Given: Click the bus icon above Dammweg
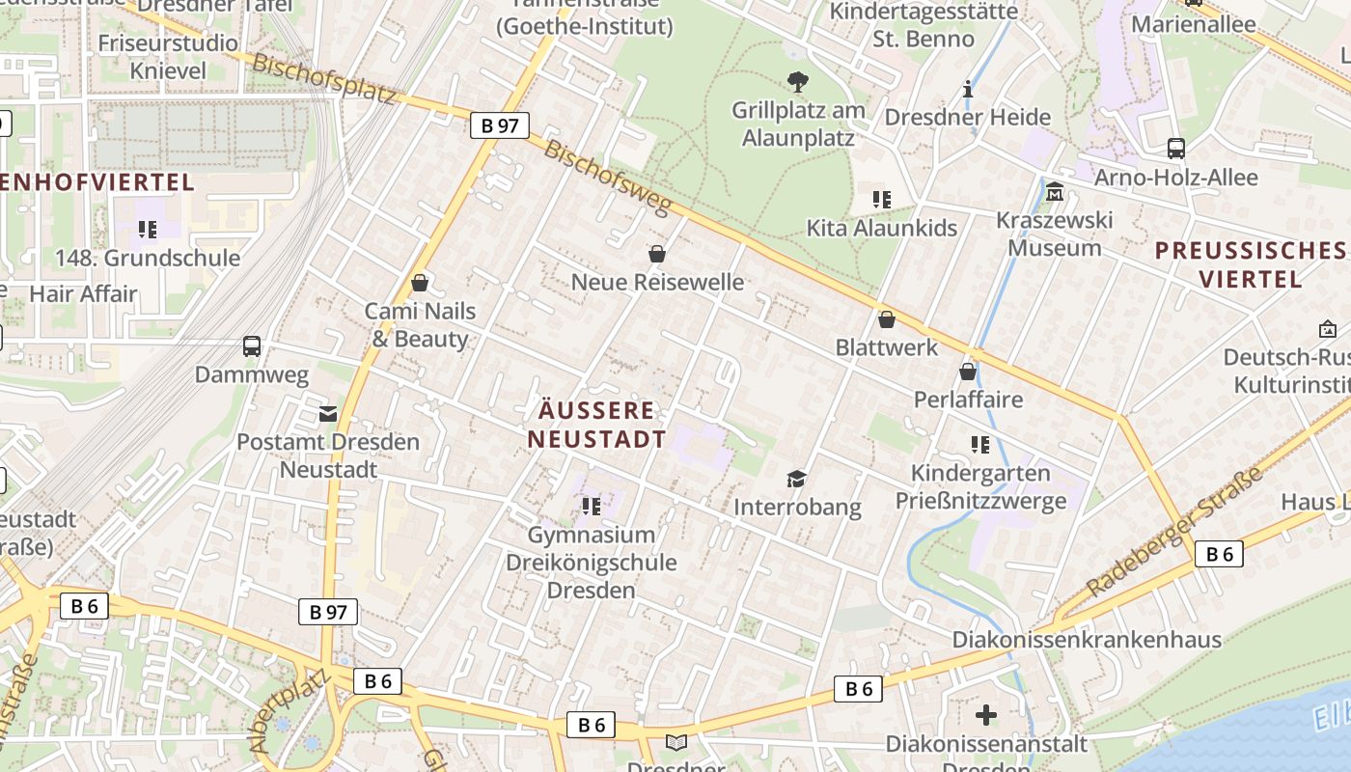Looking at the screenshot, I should (x=252, y=345).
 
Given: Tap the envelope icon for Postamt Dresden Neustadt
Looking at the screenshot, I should (x=328, y=414).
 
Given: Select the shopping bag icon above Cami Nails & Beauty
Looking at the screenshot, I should (x=420, y=283).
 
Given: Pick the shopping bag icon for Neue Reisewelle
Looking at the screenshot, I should (x=657, y=254).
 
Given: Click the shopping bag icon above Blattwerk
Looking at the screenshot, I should (x=887, y=319).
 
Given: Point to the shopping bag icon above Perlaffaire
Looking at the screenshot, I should (x=968, y=372).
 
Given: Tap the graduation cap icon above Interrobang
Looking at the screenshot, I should (x=796, y=479).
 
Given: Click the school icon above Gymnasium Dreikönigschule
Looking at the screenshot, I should (x=591, y=506).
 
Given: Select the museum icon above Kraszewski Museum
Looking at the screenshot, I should (x=1055, y=192).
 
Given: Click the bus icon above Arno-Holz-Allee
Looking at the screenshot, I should (x=1175, y=149).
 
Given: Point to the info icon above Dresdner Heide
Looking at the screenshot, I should (x=968, y=90).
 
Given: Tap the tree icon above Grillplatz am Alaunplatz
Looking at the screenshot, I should (x=798, y=81).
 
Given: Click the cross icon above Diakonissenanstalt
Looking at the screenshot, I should (x=985, y=715).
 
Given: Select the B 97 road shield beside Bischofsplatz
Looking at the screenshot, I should (x=499, y=125).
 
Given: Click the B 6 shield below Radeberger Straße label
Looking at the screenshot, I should (x=1219, y=554).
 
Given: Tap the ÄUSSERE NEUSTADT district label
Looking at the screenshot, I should (x=596, y=425).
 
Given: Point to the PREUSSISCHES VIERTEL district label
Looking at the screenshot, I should (x=1251, y=264).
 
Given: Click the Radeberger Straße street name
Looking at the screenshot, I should (x=1173, y=532).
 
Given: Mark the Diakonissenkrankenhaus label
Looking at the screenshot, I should (x=1087, y=640).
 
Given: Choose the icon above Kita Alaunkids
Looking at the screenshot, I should (x=881, y=200).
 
